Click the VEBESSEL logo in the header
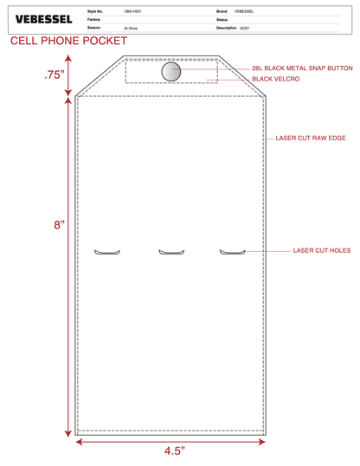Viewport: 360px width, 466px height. point(43,20)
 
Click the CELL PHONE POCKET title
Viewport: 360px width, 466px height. point(68,41)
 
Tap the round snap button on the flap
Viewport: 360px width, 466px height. point(171,72)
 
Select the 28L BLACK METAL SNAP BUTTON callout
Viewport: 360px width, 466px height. point(302,68)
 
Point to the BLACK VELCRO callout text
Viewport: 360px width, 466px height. point(276,79)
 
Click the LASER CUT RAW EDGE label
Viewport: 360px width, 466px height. point(311,138)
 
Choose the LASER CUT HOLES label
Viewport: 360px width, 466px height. point(322,250)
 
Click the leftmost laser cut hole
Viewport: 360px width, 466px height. point(107,253)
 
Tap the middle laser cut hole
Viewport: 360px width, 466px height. point(171,253)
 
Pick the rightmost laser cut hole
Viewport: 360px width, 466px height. point(232,253)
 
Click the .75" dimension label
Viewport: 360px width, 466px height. point(55,74)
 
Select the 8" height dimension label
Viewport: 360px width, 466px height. point(59,225)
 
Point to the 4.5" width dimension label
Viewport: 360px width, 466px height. point(175,451)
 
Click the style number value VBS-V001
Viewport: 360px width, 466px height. point(132,11)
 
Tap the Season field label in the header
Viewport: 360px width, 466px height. point(93,28)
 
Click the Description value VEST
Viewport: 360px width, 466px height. point(244,29)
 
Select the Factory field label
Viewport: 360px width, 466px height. point(93,20)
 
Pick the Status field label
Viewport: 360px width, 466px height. point(222,20)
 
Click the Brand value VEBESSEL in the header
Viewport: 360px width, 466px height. point(244,11)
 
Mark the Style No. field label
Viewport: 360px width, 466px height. point(95,11)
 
